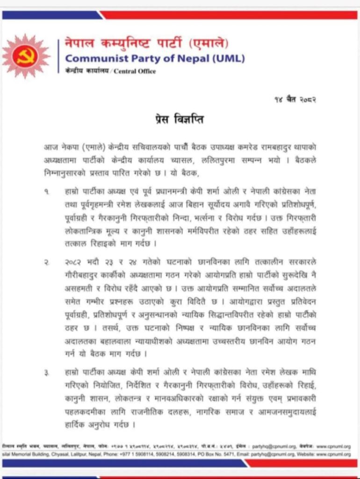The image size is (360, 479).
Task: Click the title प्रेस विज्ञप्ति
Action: click(x=180, y=120)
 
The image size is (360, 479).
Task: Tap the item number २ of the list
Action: click(x=47, y=264)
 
